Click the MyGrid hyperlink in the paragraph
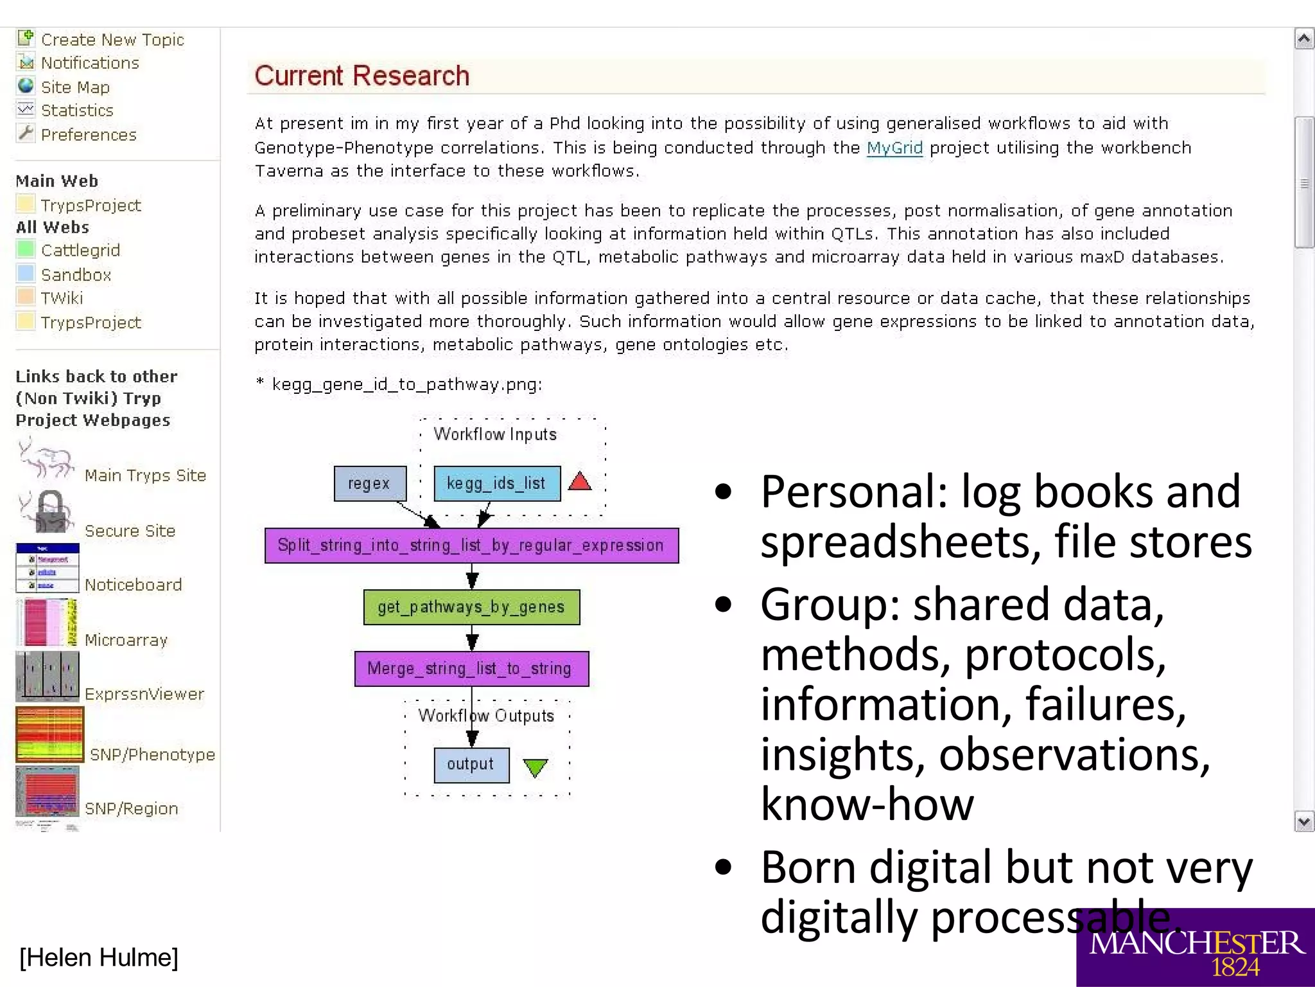894,148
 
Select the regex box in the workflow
370,483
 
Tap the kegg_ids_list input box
496,483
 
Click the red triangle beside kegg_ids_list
580,482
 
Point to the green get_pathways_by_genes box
471,607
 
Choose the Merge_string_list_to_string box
471,669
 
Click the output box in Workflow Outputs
471,765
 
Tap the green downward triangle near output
535,767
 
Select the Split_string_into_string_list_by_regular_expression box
471,546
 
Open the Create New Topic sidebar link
112,40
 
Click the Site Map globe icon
26,86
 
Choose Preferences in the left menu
89,135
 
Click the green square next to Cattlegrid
26,249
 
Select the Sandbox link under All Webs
76,275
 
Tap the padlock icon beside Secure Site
50,512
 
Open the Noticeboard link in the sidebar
134,585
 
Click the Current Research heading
361,76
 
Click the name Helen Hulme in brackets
99,957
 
